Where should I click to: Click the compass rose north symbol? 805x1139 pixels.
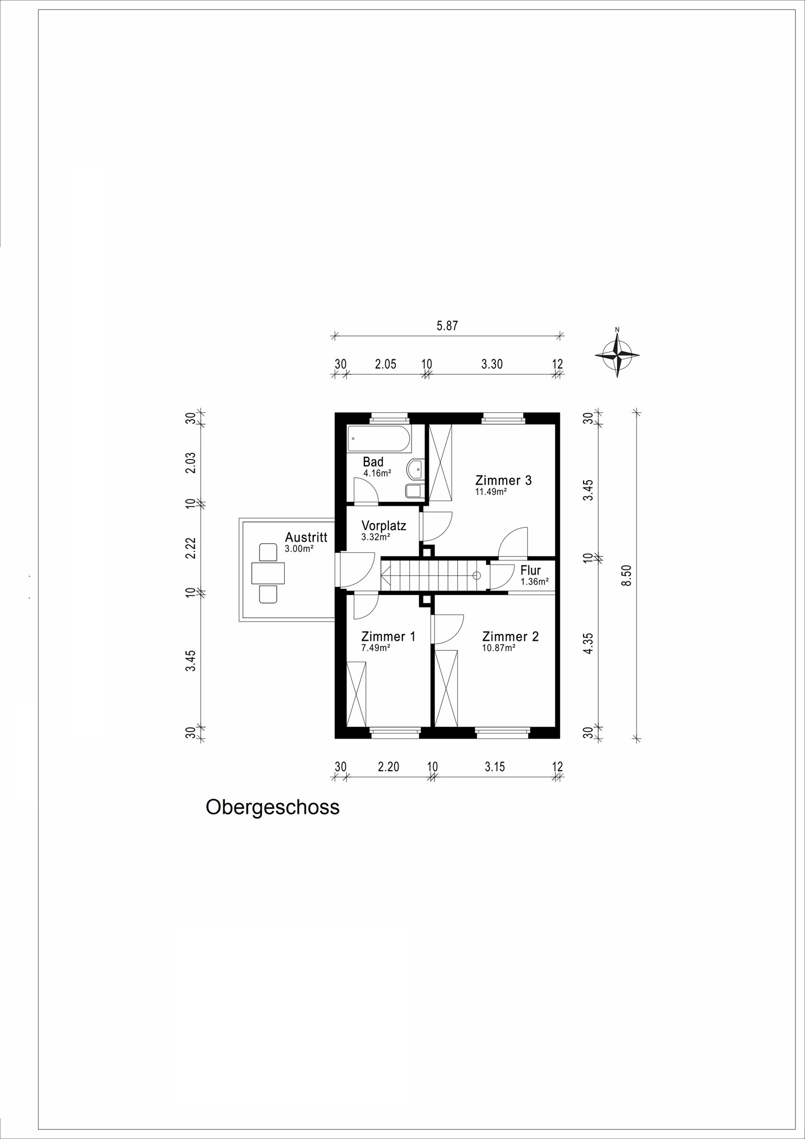(617, 354)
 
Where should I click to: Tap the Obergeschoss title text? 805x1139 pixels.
(273, 808)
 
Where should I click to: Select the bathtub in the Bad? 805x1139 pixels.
(379, 439)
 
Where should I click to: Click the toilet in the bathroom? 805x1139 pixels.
(414, 491)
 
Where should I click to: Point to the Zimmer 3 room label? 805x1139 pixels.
(503, 480)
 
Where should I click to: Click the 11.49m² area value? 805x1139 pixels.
(491, 491)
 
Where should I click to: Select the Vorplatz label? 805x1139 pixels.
(384, 526)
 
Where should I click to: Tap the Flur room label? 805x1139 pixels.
(531, 571)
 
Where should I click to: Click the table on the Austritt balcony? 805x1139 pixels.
(268, 573)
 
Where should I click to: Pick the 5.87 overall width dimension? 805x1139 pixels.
(447, 326)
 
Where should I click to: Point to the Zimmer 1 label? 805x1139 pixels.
(388, 636)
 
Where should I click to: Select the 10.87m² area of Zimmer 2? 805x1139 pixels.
(499, 648)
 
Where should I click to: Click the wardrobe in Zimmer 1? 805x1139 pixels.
(356, 694)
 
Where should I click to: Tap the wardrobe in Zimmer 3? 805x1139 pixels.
(440, 462)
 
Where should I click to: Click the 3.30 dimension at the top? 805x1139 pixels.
(492, 364)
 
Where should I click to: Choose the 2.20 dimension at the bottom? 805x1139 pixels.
(388, 767)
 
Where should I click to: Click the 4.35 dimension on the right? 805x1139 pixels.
(589, 644)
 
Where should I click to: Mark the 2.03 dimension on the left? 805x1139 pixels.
(191, 462)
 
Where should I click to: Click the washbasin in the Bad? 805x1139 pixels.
(415, 469)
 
